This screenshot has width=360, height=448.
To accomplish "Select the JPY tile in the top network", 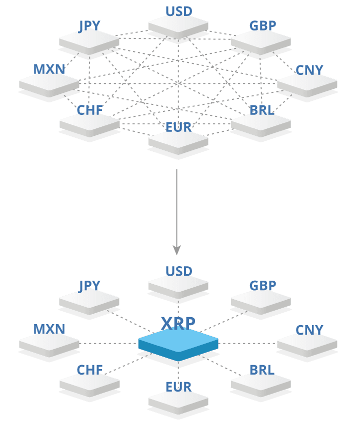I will click(x=89, y=40).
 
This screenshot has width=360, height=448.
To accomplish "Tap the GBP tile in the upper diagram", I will click(x=260, y=40).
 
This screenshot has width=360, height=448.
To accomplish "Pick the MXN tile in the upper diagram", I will click(x=49, y=83).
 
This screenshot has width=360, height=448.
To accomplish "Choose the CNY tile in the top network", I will click(x=307, y=83).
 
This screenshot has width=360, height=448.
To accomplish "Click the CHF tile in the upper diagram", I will click(x=89, y=123).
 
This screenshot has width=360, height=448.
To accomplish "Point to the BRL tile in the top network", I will click(x=260, y=123).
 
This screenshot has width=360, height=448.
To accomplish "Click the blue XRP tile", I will click(x=178, y=344).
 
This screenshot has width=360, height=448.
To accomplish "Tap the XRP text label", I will click(x=178, y=324).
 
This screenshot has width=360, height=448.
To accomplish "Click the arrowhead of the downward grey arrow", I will click(x=176, y=249).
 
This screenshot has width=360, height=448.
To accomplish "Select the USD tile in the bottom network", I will click(x=178, y=285).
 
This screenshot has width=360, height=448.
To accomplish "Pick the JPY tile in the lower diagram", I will click(x=89, y=301).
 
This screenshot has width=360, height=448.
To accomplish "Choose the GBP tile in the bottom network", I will click(x=260, y=301).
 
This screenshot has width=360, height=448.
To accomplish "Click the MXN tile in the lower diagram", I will click(x=49, y=344).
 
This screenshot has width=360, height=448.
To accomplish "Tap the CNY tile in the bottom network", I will click(x=307, y=344).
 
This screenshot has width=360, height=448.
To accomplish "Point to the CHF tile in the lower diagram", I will click(x=89, y=384).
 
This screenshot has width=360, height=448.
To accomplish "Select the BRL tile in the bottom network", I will click(x=260, y=384).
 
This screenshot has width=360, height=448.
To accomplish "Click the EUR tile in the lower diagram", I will click(x=178, y=401).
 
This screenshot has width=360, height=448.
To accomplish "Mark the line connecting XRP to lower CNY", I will click(x=247, y=343).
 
